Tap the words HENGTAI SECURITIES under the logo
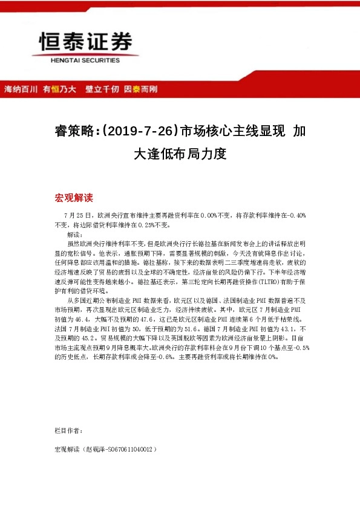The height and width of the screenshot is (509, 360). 84,60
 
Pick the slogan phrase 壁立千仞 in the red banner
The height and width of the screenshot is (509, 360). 102,89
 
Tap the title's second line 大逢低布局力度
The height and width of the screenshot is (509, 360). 180,153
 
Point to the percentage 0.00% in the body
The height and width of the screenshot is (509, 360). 209,215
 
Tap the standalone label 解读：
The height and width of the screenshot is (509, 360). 74,233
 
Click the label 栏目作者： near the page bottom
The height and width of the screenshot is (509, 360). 67,430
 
